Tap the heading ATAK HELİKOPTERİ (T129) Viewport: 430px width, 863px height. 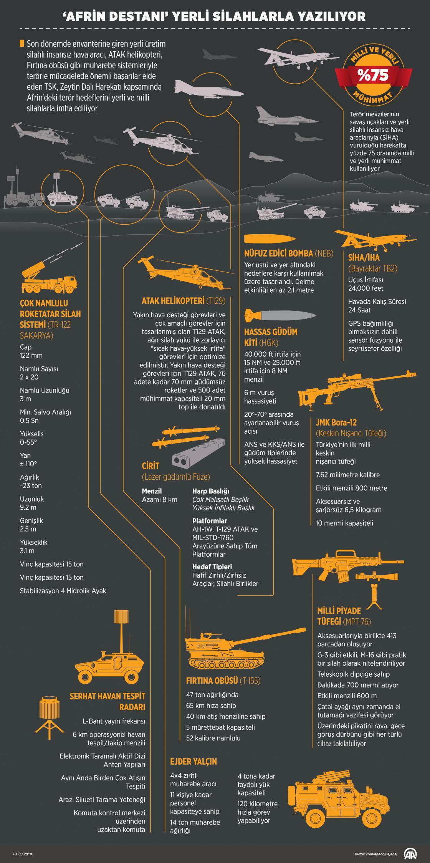point(184,300)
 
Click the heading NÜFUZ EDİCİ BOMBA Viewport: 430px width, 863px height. point(289,254)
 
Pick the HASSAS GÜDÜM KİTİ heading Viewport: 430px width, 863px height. point(271,337)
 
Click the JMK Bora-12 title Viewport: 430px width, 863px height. point(336,422)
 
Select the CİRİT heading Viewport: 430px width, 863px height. point(150,466)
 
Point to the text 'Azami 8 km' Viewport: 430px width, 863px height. point(160,500)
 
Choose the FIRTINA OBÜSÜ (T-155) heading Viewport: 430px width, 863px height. point(223,681)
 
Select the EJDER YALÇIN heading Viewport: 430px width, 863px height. point(194,761)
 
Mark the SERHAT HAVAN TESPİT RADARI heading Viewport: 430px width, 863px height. point(107,701)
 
